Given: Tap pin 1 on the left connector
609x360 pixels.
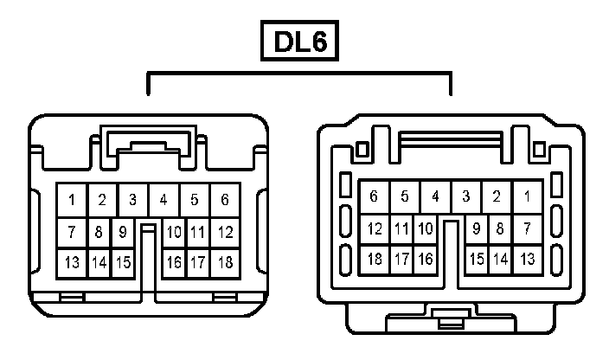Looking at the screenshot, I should coord(72,200).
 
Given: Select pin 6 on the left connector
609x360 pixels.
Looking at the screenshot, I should coord(225,200).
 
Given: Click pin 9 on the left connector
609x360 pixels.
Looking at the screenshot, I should coord(123,232).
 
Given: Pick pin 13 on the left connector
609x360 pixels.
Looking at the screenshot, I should coord(72,262).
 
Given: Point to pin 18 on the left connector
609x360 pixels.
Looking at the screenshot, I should coord(225,262).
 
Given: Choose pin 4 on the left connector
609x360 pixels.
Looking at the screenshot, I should coord(163,200).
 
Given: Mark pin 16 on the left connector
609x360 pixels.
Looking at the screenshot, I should coord(174,262).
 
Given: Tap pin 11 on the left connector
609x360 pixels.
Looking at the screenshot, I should coord(198,232).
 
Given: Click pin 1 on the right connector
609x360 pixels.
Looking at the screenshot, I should coord(527,196).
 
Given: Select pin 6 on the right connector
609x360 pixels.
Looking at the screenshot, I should coord(374,196).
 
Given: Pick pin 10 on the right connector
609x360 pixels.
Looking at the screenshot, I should coord(425,229).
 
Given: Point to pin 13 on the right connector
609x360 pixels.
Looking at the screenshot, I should coord(527,259).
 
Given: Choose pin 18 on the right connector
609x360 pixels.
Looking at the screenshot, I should coord(374,259).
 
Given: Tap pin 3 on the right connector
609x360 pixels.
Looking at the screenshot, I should coord(465,196).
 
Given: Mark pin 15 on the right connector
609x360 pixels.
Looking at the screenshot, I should coord(476,259).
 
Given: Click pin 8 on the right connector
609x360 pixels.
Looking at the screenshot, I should coord(500,229).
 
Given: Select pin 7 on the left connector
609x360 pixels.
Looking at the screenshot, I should coord(72,232).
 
